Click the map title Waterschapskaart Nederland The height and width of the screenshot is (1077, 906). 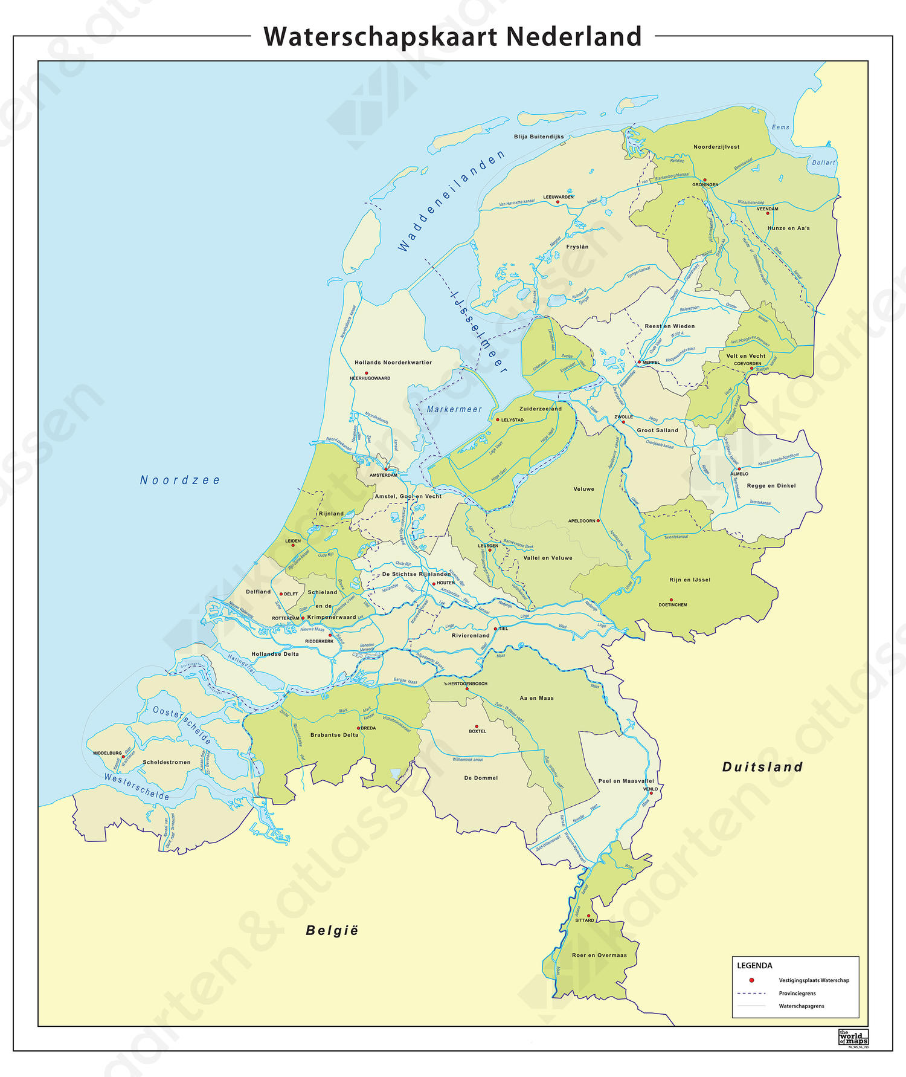pyautogui.click(x=452, y=36)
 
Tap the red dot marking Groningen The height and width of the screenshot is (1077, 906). pyautogui.click(x=704, y=179)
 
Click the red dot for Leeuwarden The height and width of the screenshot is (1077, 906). pyautogui.click(x=557, y=202)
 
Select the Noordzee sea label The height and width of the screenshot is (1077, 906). pyautogui.click(x=180, y=480)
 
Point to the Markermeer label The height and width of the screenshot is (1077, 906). pyautogui.click(x=454, y=409)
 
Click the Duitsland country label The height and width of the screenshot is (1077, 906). pyautogui.click(x=762, y=767)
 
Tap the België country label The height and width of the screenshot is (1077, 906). pyautogui.click(x=332, y=930)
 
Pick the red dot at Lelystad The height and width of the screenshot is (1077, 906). pyautogui.click(x=498, y=419)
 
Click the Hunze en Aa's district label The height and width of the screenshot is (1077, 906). pyautogui.click(x=788, y=228)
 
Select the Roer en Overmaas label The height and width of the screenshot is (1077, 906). pyautogui.click(x=599, y=955)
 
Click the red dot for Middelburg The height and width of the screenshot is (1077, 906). pyautogui.click(x=124, y=756)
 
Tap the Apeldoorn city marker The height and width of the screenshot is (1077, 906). pyautogui.click(x=599, y=520)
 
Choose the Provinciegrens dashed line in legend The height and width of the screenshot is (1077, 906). pyautogui.click(x=751, y=993)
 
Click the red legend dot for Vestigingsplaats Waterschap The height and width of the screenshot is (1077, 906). pyautogui.click(x=751, y=980)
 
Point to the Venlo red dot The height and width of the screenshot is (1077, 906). pyautogui.click(x=651, y=794)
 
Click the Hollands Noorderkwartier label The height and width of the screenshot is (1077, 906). pyautogui.click(x=393, y=363)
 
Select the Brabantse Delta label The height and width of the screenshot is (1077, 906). pyautogui.click(x=334, y=735)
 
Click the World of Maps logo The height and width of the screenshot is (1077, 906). pyautogui.click(x=853, y=1037)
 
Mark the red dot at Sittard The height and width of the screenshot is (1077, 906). pyautogui.click(x=589, y=916)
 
